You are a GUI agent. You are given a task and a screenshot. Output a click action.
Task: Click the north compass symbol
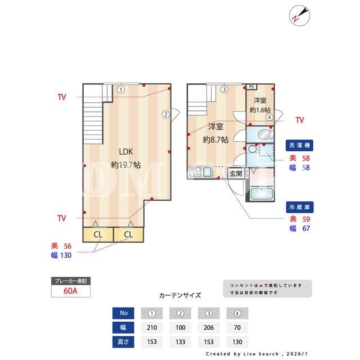pyautogui.click(x=299, y=16)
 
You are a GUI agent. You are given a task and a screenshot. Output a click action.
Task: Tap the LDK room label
pyautogui.click(x=126, y=152)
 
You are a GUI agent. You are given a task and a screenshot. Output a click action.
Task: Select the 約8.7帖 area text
pyautogui.click(x=215, y=139)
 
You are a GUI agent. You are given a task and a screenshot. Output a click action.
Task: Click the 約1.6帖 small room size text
pyautogui.click(x=260, y=110)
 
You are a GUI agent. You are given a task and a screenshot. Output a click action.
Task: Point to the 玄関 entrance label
pyautogui.click(x=236, y=174)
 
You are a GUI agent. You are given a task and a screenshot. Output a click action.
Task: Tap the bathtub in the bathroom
pyautogui.click(x=262, y=193)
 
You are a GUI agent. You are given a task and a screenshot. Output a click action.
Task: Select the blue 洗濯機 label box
pyautogui.click(x=299, y=145)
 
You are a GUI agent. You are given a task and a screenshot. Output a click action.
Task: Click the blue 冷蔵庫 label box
pyautogui.click(x=300, y=208)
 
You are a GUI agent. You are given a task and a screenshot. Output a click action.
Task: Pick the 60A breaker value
pyautogui.click(x=70, y=291)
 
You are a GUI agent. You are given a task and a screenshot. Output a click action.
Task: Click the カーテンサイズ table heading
pyautogui.click(x=180, y=295)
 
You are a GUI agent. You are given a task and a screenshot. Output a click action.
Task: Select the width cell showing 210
pyautogui.click(x=152, y=327)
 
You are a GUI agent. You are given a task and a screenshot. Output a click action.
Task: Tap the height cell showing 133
pyautogui.click(x=180, y=342)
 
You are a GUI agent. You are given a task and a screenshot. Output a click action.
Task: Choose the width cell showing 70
pyautogui.click(x=237, y=327)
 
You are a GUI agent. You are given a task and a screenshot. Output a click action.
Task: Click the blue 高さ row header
pyautogui.click(x=123, y=342)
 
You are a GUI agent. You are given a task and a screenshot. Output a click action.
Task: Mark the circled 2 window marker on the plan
pyautogui.click(x=166, y=114)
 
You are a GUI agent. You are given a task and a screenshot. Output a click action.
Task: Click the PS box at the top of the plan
pyautogui.click(x=251, y=87)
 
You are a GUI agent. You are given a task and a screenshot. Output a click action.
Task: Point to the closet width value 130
pyautogui.click(x=66, y=255)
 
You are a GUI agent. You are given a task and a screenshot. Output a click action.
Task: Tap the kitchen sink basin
pyautogui.click(x=207, y=172)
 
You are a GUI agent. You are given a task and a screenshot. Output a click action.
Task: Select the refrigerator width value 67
pyautogui.click(x=306, y=228)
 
